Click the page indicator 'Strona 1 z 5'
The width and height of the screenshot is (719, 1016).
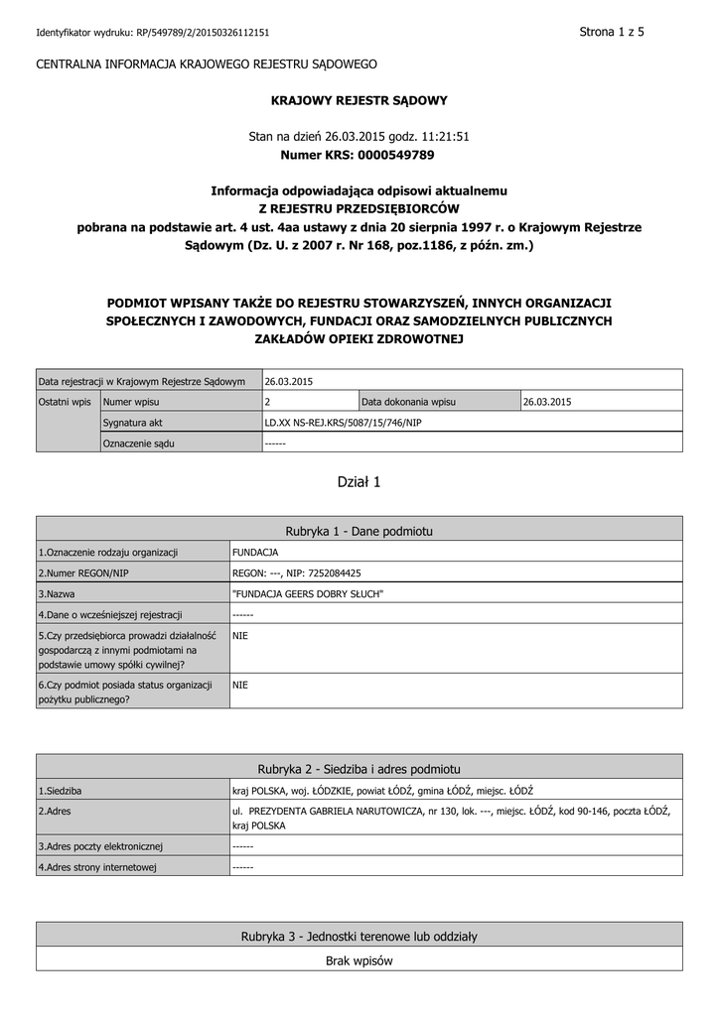point(612,32)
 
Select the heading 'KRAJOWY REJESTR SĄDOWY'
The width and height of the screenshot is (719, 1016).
point(359,100)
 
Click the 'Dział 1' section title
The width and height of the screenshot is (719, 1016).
point(359,482)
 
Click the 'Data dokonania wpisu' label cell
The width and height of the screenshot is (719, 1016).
point(408,402)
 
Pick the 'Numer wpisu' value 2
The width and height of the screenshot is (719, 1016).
point(268,402)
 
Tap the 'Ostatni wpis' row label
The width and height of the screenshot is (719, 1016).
point(65,402)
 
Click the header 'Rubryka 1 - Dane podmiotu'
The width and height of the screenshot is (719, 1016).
point(359,531)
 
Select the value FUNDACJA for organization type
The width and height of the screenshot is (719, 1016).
point(255,552)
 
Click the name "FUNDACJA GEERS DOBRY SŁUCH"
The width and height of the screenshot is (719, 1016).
point(308,593)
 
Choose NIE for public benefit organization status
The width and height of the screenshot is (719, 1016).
point(239,685)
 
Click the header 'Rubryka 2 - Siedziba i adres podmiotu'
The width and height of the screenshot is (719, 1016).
point(359,769)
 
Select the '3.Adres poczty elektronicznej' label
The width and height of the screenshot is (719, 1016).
point(100,846)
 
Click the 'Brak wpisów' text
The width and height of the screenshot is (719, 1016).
point(359,960)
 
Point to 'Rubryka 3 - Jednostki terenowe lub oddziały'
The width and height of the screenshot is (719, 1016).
point(359,937)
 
